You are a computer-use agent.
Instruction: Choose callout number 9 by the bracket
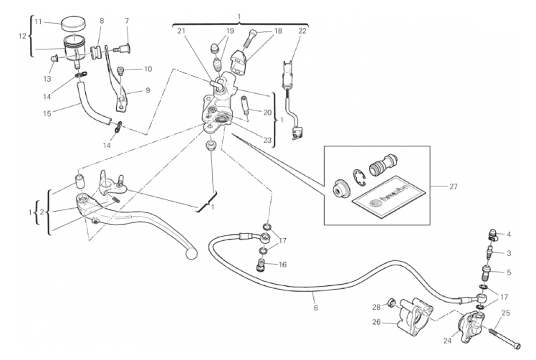click(x=148, y=90)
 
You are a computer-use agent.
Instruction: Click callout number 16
click(x=282, y=265)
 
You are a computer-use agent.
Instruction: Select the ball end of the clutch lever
click(x=190, y=252)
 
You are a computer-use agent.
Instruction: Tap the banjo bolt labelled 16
click(x=262, y=267)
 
